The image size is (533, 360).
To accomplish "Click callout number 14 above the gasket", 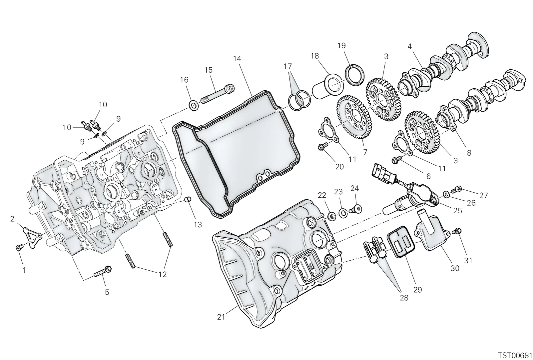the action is click(x=237, y=59).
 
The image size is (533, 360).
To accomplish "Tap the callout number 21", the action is click(x=221, y=317).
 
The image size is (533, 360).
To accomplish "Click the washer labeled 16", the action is click(x=194, y=105).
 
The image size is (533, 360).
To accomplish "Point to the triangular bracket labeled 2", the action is click(x=32, y=237).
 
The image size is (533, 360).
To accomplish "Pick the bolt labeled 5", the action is click(x=103, y=272).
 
